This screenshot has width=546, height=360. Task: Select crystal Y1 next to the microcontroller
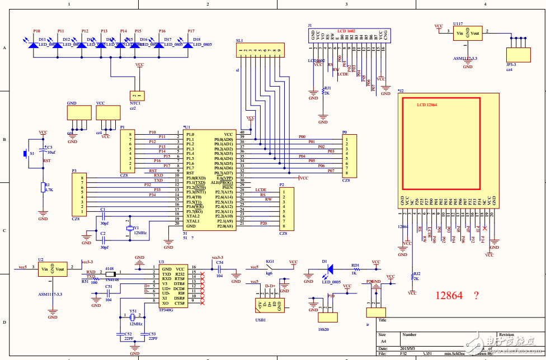129,228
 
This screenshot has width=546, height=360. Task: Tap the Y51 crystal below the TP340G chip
133,318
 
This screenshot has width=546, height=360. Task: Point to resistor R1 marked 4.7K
43,188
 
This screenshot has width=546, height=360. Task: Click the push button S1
25,153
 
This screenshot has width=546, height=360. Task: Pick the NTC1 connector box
135,96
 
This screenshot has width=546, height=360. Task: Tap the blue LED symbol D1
330,269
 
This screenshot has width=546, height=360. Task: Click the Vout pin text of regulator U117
475,34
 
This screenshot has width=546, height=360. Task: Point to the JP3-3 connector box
517,54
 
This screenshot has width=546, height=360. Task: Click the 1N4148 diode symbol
110,274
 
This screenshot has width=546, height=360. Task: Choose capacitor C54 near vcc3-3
219,269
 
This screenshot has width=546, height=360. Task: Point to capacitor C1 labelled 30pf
103,215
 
